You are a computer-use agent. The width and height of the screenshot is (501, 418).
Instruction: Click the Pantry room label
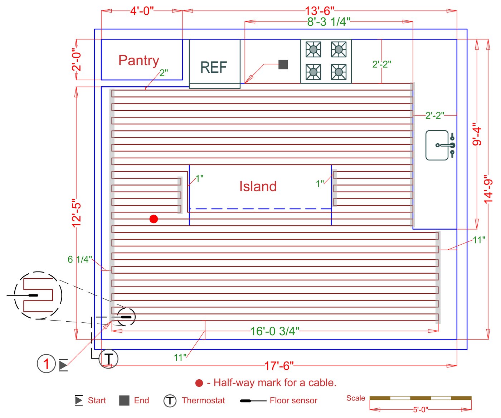point(138,61)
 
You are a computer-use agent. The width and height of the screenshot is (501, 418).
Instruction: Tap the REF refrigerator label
point(214,67)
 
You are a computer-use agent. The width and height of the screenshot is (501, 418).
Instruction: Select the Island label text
point(258,186)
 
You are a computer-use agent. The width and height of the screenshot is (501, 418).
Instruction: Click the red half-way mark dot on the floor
point(154,219)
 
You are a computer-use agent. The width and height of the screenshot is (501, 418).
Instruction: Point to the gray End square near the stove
point(283,64)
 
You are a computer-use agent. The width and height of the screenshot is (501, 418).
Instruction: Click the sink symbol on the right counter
point(440,145)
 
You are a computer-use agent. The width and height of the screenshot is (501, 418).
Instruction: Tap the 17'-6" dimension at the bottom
point(279,366)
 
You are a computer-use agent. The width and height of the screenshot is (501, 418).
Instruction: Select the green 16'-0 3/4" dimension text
point(274,331)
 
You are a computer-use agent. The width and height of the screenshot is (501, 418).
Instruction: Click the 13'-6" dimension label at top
point(320,11)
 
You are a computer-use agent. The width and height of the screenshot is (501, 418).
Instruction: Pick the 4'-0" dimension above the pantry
point(142,11)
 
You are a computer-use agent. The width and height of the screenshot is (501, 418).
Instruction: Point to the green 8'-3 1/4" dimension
point(329,22)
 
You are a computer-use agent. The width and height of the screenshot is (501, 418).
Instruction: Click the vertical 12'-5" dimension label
point(77,213)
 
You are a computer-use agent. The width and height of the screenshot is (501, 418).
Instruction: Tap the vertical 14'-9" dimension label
point(488,189)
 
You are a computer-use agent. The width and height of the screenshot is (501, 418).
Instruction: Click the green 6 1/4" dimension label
point(79,259)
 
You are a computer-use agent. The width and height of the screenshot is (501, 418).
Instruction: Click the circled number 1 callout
point(46,364)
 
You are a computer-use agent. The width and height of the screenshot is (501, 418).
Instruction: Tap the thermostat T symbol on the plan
point(108,358)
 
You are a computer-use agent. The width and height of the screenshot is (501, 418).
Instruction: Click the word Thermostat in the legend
point(203,400)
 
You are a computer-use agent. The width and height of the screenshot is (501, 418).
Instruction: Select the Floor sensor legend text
point(293,400)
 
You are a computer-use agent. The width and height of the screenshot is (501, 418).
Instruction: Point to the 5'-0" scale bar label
point(420,409)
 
